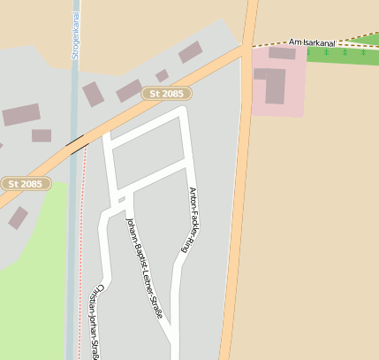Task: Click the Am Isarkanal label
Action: coord(313,42)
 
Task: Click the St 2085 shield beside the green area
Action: coord(26,183)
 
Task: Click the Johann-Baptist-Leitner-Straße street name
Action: coord(147,272)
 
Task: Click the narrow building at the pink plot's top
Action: coord(282,53)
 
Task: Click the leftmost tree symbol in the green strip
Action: coord(326,53)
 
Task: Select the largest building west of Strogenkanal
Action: coord(21,115)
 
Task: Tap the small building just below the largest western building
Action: coord(42,135)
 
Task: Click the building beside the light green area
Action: coord(18,217)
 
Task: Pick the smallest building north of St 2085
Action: coord(162,75)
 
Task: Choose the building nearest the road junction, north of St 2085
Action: coord(190,52)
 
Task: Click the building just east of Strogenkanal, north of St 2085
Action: coord(94,94)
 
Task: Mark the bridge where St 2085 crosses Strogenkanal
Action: coord(74,142)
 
